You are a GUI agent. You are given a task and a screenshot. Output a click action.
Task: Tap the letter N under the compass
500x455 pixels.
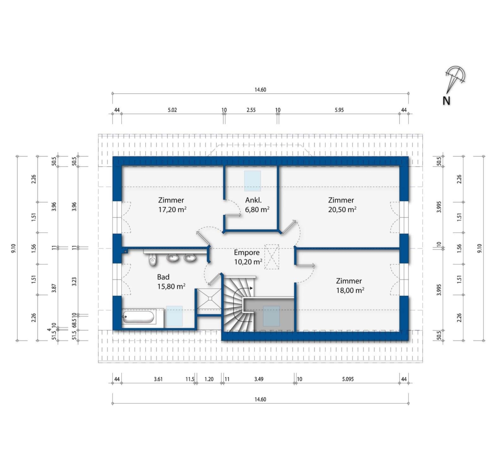[447, 101]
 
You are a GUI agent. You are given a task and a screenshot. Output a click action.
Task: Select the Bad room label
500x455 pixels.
[163, 277]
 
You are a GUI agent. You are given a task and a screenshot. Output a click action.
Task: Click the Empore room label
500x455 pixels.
[246, 252]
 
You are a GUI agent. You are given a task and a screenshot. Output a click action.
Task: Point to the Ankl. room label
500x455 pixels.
[254, 200]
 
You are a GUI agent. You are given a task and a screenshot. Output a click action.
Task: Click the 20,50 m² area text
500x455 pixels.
[342, 209]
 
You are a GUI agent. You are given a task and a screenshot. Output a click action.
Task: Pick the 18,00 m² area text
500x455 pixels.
[350, 290]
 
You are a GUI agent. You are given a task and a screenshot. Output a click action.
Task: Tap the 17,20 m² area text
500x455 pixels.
[172, 209]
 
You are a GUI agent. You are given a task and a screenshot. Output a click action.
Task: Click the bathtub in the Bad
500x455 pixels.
[139, 317]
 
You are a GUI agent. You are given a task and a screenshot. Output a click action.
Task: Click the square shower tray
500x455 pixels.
[209, 298]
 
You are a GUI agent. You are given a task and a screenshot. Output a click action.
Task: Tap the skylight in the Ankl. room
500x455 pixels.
[253, 181]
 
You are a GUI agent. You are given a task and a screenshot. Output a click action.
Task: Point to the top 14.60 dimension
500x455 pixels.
[260, 90]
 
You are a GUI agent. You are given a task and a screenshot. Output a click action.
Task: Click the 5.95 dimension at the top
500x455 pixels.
[339, 110]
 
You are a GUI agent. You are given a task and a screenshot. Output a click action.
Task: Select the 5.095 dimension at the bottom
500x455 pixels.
[348, 379]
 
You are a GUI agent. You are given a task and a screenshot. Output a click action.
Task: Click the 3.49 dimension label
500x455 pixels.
[259, 379]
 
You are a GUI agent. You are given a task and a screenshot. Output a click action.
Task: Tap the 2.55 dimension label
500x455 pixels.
[251, 110]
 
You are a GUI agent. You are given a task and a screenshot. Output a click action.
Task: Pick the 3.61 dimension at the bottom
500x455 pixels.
[158, 379]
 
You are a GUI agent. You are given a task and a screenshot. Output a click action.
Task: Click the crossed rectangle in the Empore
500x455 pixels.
[272, 257]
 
